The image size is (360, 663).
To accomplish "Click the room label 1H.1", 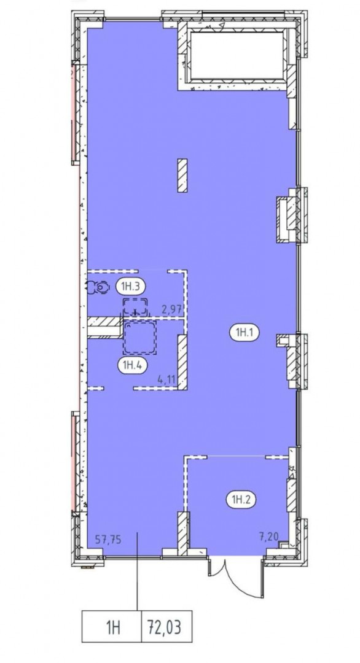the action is tap(244, 333).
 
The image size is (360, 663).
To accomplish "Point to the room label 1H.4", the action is tap(132, 364).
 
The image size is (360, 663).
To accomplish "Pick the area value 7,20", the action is tap(268, 537).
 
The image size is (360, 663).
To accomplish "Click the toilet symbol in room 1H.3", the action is tap(97, 287).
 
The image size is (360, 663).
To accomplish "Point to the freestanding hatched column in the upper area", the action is tap(182, 175).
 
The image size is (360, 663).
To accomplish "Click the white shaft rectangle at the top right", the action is tap(237, 55).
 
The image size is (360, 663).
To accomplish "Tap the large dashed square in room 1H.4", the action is tap(139, 337).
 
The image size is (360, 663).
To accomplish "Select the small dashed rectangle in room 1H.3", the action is tap(135, 306).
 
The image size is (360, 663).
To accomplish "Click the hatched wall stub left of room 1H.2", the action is tap(182, 533).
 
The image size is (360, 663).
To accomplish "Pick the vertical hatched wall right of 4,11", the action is tap(182, 362).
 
